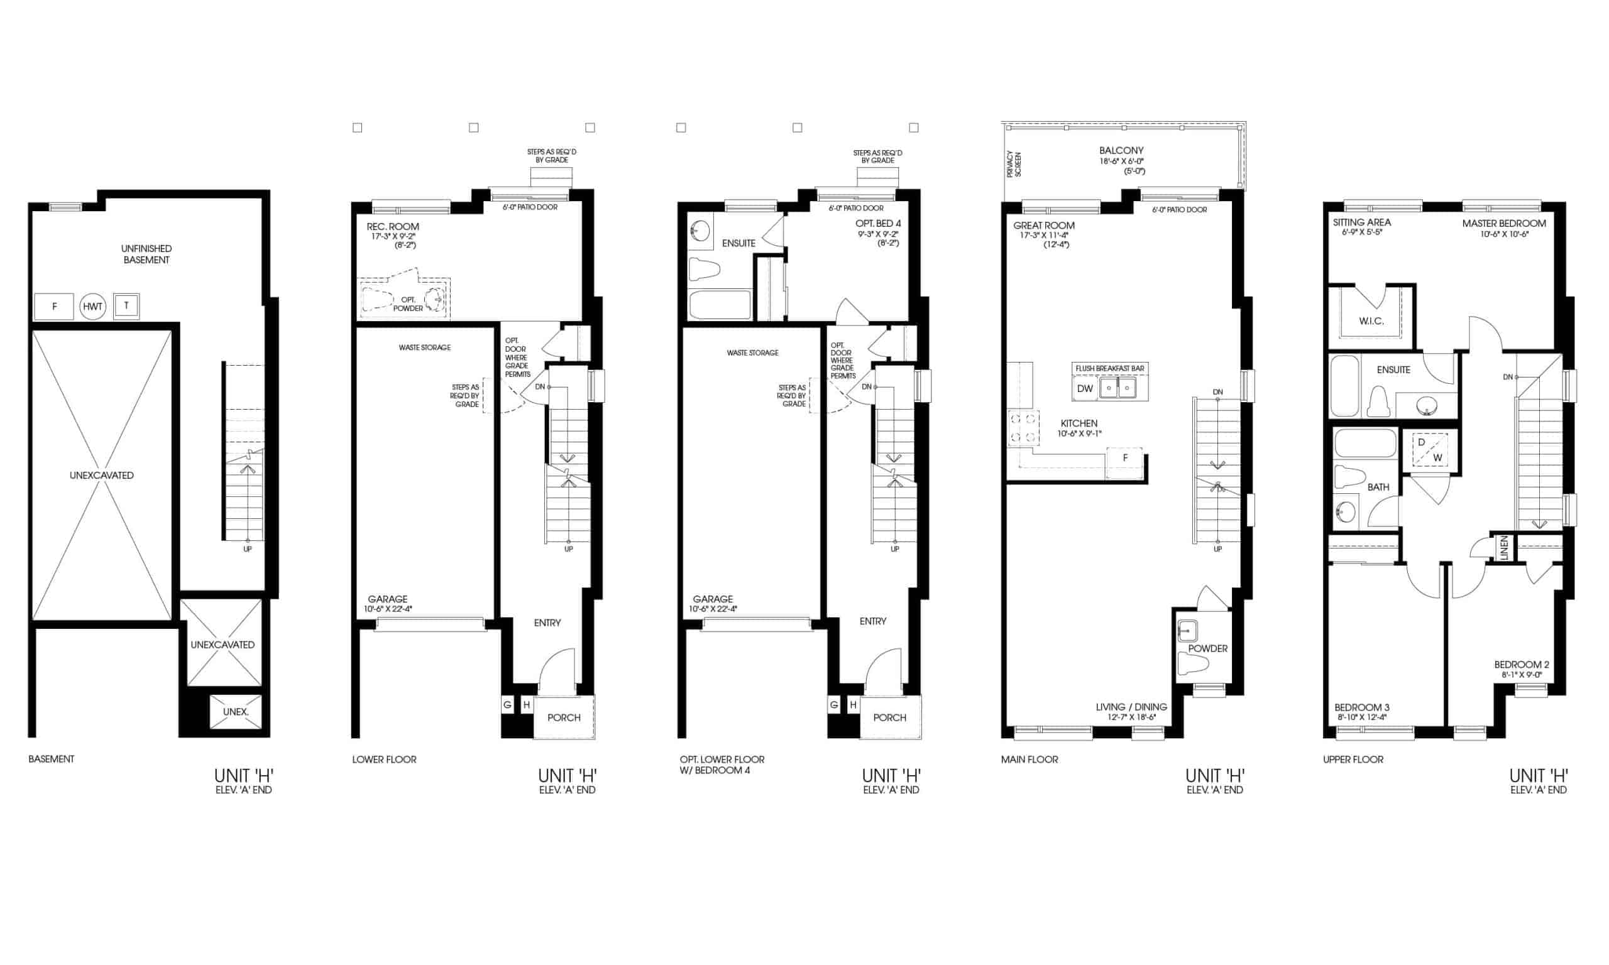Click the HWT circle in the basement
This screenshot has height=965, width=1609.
point(93,307)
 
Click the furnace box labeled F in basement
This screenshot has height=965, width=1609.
point(54,307)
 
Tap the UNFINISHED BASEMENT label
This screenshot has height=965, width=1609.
point(146,254)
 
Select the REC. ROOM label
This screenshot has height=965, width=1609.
point(393,226)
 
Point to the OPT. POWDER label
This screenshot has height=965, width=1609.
point(408,303)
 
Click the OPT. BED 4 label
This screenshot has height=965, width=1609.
point(878,224)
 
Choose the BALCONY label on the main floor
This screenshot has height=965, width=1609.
point(1121,150)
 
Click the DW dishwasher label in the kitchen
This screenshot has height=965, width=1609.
point(1085,389)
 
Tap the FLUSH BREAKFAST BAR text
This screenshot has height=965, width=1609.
point(1109,369)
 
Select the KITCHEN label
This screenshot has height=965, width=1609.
point(1079,423)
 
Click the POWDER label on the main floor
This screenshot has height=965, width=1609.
point(1208,648)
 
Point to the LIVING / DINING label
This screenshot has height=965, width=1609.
point(1131,707)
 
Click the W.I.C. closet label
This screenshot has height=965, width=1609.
point(1371,321)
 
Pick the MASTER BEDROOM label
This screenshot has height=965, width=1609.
point(1504,223)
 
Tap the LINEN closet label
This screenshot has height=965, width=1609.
point(1503,548)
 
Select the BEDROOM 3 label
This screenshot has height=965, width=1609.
point(1362,707)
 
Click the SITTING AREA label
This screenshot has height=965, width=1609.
point(1362,222)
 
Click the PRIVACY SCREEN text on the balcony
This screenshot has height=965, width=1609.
point(1014,164)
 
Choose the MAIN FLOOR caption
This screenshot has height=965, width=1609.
point(1030,759)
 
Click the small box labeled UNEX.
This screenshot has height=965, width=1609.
point(236,712)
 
